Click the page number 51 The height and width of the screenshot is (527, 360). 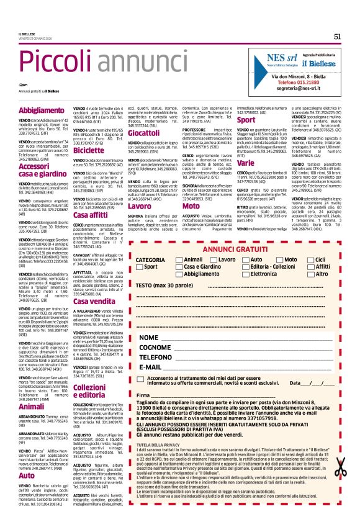pos(338,36)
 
